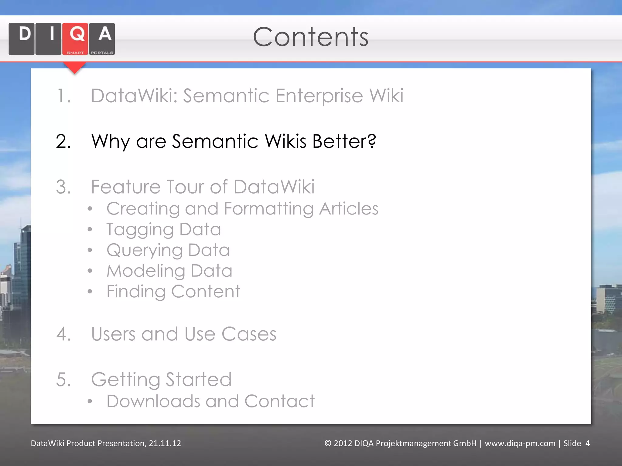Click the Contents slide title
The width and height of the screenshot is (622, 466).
tap(310, 37)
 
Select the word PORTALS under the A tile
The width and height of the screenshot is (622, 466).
tap(102, 53)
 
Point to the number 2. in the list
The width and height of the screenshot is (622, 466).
tap(63, 141)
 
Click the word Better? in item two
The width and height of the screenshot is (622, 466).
tap(344, 141)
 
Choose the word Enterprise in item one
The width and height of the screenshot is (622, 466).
tap(319, 96)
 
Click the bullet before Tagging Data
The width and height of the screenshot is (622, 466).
tap(90, 229)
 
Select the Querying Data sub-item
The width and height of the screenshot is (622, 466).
tap(168, 250)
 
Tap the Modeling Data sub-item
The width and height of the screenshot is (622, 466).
tap(169, 271)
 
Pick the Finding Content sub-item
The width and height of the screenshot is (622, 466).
tap(173, 292)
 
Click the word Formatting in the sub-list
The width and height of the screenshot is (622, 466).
tap(268, 209)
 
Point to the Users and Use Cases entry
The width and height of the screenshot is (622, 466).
tap(183, 334)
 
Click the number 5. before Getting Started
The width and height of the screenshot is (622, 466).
tap(63, 380)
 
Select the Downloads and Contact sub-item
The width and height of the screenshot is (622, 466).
tap(210, 401)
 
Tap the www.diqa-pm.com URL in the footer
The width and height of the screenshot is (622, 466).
tap(520, 443)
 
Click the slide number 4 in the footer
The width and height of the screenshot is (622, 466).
tap(587, 443)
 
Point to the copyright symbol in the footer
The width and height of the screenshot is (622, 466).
tap(328, 443)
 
